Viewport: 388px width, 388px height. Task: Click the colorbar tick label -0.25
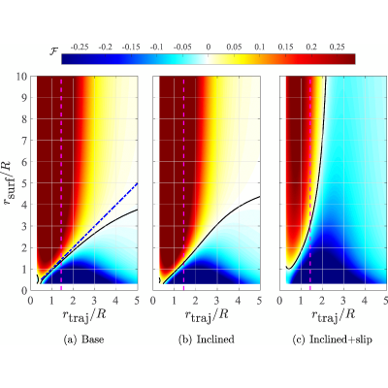pos(80,48)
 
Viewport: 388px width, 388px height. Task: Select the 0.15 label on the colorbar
pos(285,48)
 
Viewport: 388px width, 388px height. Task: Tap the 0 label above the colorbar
pos(209,48)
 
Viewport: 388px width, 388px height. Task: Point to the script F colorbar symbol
pos(53,51)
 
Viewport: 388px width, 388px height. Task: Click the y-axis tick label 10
pos(22,77)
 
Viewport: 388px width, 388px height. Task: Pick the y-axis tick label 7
pos(24,141)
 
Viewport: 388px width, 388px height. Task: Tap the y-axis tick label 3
pos(24,226)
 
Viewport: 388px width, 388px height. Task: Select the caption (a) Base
pos(84,339)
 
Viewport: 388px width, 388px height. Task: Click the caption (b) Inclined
pos(207,339)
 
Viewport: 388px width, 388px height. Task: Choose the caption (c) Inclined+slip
pos(332,339)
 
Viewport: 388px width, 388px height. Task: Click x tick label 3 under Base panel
pos(94,301)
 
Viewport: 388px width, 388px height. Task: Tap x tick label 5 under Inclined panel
pos(259,301)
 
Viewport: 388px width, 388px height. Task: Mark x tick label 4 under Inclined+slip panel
pos(365,301)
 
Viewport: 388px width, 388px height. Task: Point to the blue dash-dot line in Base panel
pos(89,231)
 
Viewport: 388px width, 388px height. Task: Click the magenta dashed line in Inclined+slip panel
pos(310,183)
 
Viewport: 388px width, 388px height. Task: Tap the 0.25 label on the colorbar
pos(337,48)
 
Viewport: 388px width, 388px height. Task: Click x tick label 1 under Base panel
pos(51,301)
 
